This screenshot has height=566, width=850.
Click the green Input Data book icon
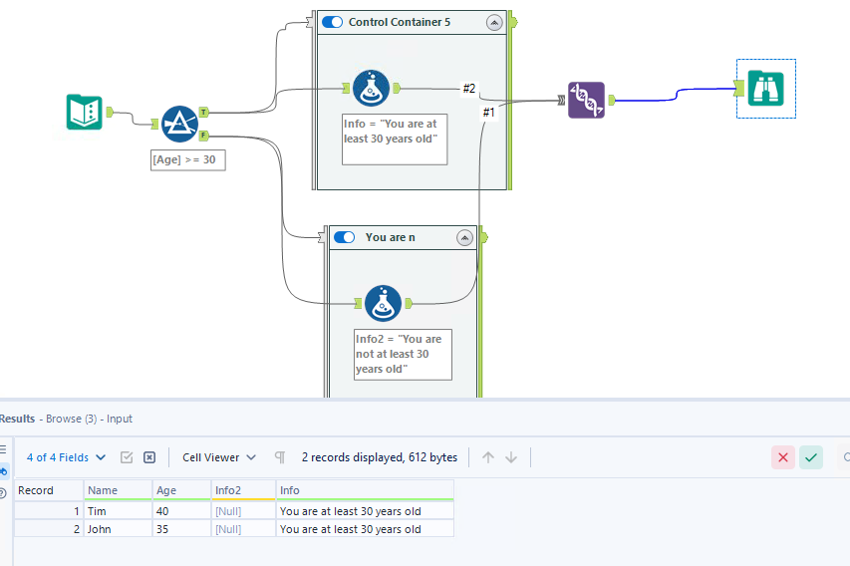click(x=85, y=112)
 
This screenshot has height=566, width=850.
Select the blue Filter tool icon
click(x=179, y=123)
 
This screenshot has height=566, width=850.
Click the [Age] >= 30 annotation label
click(x=187, y=159)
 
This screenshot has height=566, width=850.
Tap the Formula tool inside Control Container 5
click(x=371, y=89)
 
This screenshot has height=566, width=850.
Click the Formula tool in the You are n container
click(x=383, y=303)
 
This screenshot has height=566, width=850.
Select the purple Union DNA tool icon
click(x=586, y=100)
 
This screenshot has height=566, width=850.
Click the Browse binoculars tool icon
click(x=766, y=89)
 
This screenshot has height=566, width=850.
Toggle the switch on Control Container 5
click(x=332, y=22)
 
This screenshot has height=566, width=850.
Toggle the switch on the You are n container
click(x=344, y=237)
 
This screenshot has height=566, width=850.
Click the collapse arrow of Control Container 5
click(x=493, y=22)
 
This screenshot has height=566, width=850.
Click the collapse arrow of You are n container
click(x=463, y=237)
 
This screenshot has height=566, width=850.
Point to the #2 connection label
click(x=469, y=89)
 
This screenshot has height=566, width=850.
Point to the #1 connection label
click(x=488, y=113)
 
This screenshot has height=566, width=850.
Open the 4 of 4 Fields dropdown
click(x=66, y=457)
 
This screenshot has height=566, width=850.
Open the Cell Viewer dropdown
click(x=218, y=457)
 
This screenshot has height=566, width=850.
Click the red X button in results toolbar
click(x=783, y=457)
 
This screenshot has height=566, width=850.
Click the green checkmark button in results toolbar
click(x=811, y=457)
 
